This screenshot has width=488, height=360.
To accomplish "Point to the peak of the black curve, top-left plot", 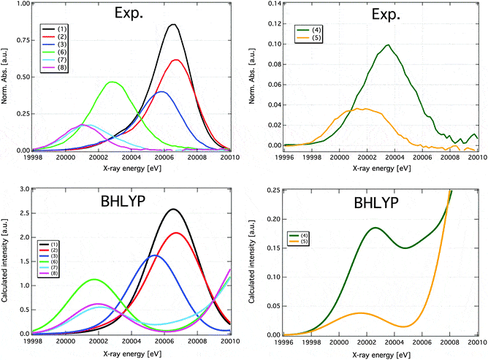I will point(173,25).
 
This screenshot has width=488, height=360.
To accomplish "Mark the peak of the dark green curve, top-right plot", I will point(388,45).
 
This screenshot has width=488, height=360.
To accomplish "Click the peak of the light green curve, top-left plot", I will point(113,82).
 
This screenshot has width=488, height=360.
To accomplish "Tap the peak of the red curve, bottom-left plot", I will point(177,233).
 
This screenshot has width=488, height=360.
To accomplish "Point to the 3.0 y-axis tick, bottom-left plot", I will point(23,189).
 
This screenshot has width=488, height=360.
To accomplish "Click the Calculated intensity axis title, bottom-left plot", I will point(6,261).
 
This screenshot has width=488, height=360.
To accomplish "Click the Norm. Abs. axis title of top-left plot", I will point(6,77).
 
